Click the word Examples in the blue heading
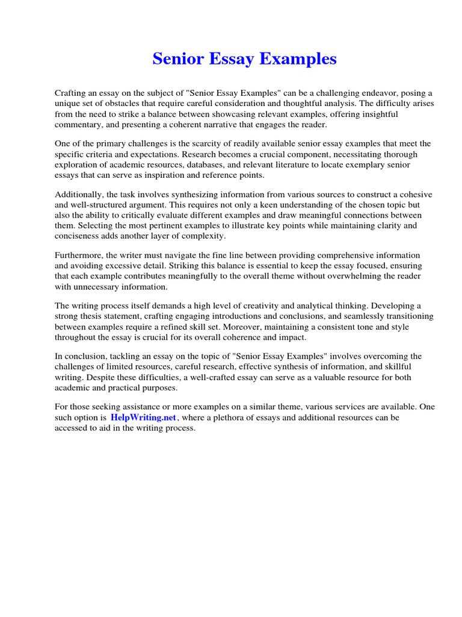[x=300, y=59]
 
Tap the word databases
[x=237, y=164]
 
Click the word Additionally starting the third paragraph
[x=77, y=195]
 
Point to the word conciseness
[x=78, y=236]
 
